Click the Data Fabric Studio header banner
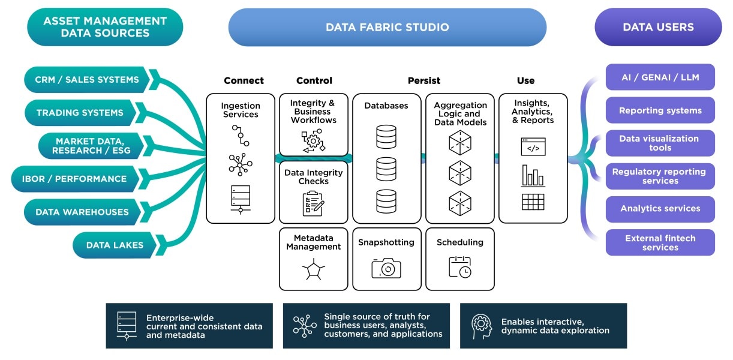pyautogui.click(x=387, y=27)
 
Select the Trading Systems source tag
pyautogui.click(x=80, y=113)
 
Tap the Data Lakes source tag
pyautogui.click(x=115, y=245)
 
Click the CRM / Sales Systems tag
pyautogui.click(x=86, y=80)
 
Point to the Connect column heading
pyautogui.click(x=244, y=80)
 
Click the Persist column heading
pyautogui.click(x=423, y=80)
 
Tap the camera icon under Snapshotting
pyautogui.click(x=386, y=268)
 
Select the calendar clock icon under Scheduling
pyautogui.click(x=459, y=267)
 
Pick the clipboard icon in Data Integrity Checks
pyautogui.click(x=313, y=203)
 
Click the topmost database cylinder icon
pyautogui.click(x=386, y=137)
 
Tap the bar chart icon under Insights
pyautogui.click(x=533, y=175)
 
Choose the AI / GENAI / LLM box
pyautogui.click(x=660, y=77)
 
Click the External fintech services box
pyautogui.click(x=660, y=242)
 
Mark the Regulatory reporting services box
pyautogui.click(x=660, y=176)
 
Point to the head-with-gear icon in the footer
pyautogui.click(x=481, y=326)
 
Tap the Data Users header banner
pyautogui.click(x=658, y=27)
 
